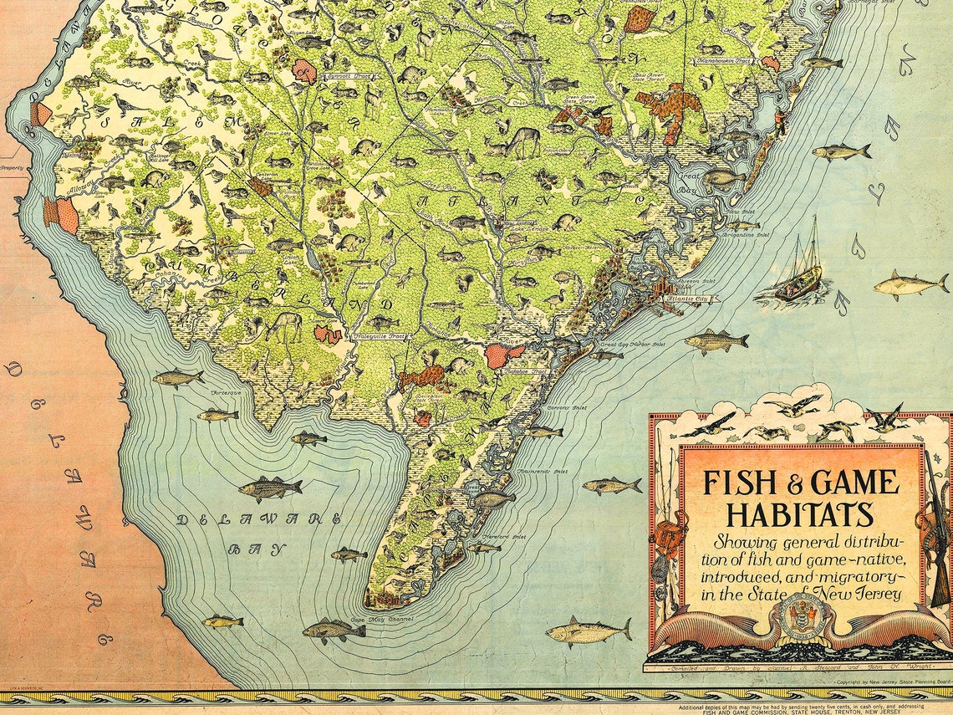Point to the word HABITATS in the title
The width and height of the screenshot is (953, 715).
point(799,513)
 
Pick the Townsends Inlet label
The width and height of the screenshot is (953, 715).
point(543,472)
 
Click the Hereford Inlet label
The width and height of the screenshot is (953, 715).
point(507,538)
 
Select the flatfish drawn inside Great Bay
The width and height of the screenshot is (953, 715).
point(721,177)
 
